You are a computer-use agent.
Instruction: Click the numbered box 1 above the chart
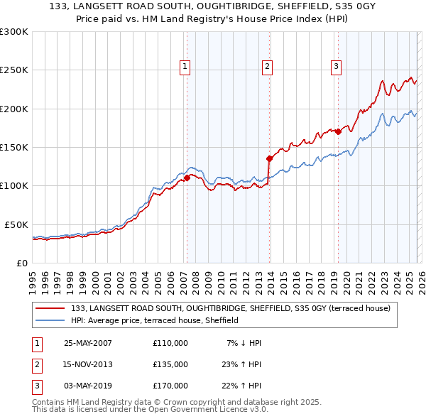[185, 67]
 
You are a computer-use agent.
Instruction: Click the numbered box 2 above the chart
[267, 67]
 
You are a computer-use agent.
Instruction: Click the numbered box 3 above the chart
[335, 67]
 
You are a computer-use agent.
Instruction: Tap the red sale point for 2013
[269, 158]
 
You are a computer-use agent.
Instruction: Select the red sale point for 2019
[338, 131]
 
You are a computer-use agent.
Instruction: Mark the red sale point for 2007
[187, 178]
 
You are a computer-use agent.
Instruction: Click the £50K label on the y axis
[15, 224]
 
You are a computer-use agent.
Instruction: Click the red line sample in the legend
[51, 308]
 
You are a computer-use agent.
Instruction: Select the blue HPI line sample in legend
[51, 320]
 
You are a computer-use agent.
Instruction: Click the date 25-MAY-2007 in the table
[87, 343]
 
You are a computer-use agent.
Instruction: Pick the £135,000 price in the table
[170, 364]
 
